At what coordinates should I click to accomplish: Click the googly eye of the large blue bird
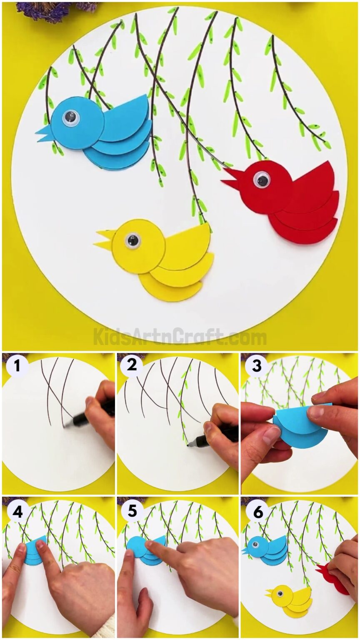70,118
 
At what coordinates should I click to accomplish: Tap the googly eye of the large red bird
262,180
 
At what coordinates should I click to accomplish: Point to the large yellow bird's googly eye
132,240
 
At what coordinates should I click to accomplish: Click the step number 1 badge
16,366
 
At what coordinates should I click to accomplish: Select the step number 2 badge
132,365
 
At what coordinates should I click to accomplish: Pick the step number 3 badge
256,366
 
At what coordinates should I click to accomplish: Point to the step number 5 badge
132,511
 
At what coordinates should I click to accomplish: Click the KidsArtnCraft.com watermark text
180,337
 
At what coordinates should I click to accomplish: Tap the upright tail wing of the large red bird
318,179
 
